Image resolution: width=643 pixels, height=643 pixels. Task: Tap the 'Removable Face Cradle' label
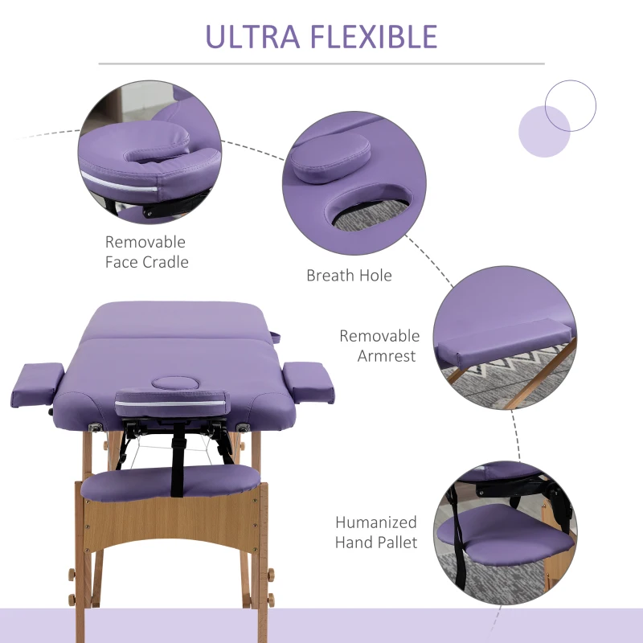coord(145,252)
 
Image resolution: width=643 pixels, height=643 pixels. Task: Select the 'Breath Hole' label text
coord(349,276)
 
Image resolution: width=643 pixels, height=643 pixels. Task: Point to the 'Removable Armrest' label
coord(379,346)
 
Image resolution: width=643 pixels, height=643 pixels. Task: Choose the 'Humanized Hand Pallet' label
coord(376,532)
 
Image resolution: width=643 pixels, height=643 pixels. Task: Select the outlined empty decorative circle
coord(571,106)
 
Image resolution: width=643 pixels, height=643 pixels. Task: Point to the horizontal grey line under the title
coord(321,63)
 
